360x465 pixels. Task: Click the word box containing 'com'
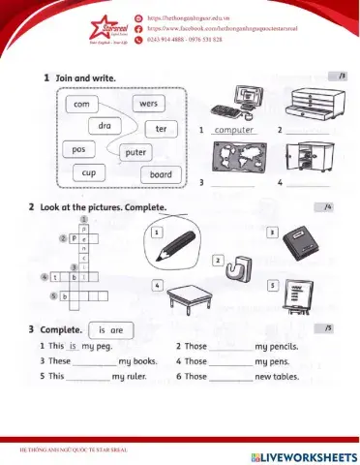pos(80,103)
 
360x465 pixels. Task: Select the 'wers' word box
pos(149,103)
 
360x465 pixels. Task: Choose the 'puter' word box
pos(135,152)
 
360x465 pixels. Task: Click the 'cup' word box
pos(87,173)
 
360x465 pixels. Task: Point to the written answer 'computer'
pos(233,129)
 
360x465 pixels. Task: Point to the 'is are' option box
pos(108,329)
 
